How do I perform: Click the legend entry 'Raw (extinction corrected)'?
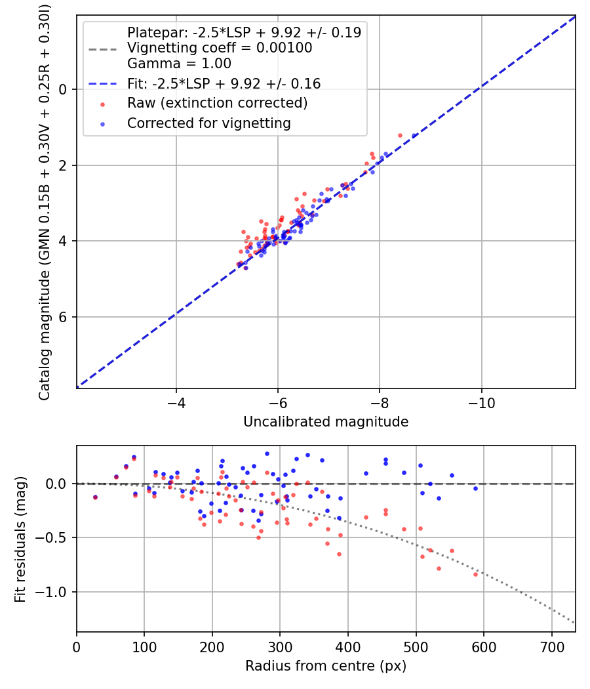[x=217, y=104]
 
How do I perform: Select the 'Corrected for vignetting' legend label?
[x=208, y=123]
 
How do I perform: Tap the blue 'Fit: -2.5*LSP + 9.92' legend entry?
[x=224, y=83]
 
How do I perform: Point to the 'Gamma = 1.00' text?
[x=179, y=64]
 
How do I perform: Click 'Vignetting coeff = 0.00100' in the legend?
[x=220, y=48]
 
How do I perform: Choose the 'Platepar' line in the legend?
[x=244, y=32]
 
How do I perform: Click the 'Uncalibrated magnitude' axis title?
[x=326, y=422]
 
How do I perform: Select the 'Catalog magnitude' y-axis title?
[x=45, y=200]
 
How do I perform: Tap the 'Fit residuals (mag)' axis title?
[x=20, y=539]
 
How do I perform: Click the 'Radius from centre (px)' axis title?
[x=326, y=666]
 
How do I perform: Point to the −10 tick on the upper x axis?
[x=481, y=401]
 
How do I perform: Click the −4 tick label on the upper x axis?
[x=176, y=401]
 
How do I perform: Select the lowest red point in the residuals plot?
[x=475, y=574]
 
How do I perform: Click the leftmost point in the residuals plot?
[x=95, y=497]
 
